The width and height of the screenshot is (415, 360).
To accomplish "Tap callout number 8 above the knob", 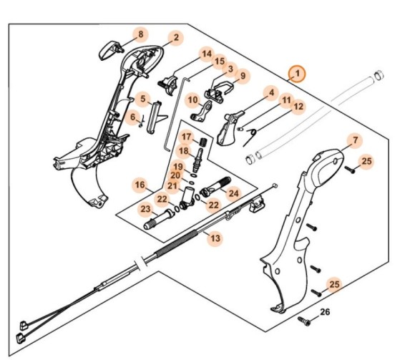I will [x=140, y=34].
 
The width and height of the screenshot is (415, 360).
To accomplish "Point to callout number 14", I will [x=206, y=54].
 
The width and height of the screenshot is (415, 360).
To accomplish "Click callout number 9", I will [x=241, y=76].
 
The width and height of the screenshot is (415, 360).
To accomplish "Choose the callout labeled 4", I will [x=270, y=92].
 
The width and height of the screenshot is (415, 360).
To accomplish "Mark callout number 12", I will [x=298, y=107].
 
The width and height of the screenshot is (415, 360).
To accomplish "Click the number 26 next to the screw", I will [x=325, y=312].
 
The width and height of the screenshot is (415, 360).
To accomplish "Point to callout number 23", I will [x=145, y=210].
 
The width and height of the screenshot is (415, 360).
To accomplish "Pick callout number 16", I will [x=140, y=185].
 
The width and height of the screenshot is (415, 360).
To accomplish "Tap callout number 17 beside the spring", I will [x=186, y=137].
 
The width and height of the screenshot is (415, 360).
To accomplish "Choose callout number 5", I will [x=143, y=99].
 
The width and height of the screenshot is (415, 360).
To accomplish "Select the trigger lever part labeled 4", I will [x=230, y=127].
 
